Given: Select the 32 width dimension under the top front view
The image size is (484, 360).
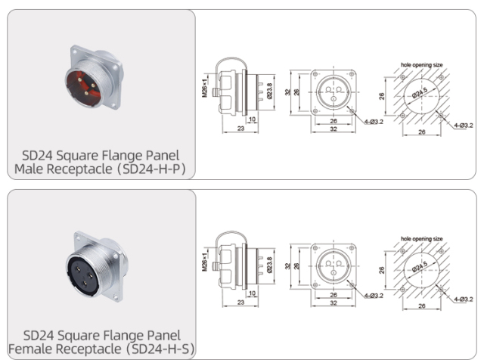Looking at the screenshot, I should (334, 129).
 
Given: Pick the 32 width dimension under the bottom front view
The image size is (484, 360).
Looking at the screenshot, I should (334, 303).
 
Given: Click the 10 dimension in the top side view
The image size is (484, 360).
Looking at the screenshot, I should (251, 119).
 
